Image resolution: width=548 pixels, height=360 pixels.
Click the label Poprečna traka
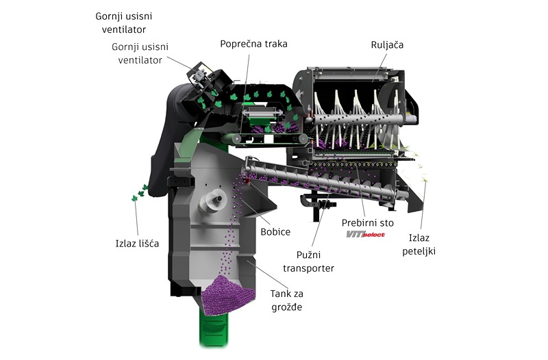point(253,44)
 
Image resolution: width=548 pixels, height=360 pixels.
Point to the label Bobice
point(275,231)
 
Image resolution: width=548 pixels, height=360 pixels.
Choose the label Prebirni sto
point(367,222)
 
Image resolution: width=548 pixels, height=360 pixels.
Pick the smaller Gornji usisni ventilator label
point(140,53)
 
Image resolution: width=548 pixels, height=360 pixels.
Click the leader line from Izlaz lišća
point(136,218)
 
